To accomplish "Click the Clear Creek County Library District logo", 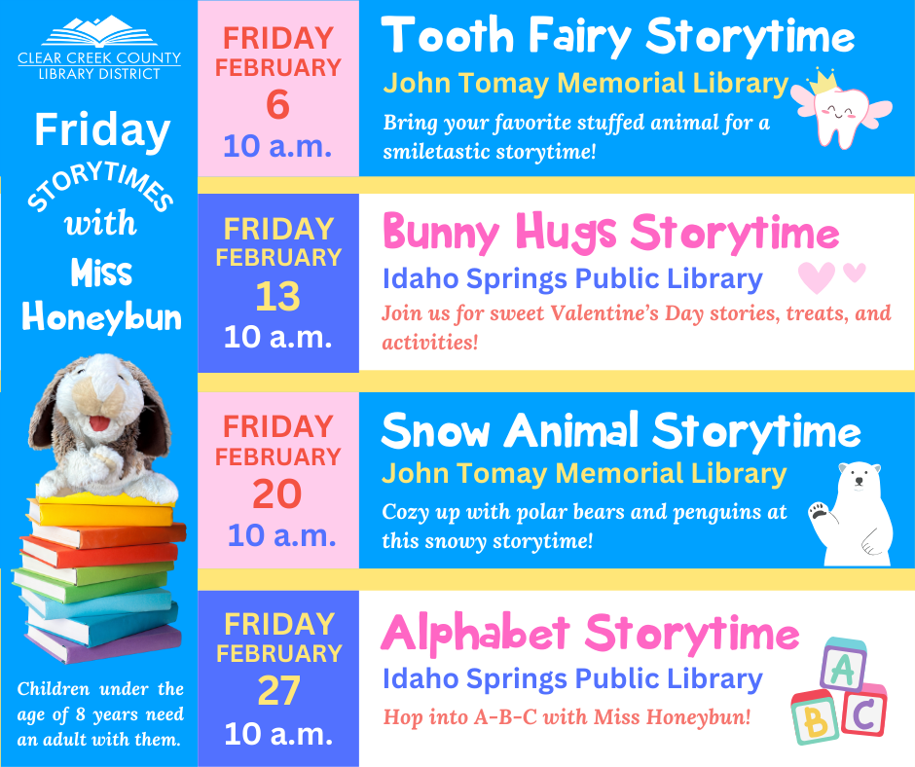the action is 99,48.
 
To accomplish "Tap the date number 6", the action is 277,105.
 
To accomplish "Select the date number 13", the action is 277,297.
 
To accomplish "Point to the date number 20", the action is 277,493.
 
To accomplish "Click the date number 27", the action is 279,691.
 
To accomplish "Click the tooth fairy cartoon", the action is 841,109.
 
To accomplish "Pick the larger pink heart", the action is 817,277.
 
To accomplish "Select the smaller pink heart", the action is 855,272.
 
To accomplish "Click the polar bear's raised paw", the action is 819,511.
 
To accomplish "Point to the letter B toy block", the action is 814,718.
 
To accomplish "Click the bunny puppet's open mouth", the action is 98,422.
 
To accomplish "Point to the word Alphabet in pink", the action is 475,634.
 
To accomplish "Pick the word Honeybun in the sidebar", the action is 101,317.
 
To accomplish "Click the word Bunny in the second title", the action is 441,233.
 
